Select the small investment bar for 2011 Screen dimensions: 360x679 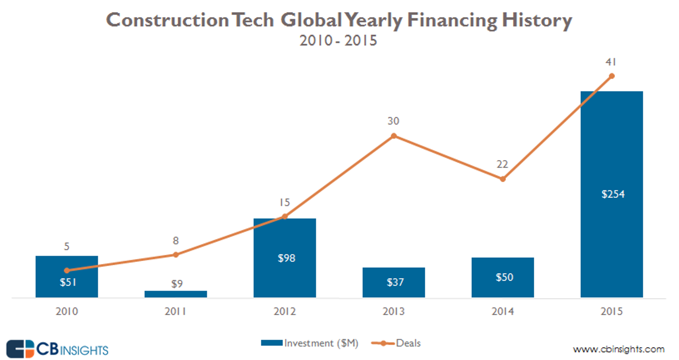[x=176, y=294]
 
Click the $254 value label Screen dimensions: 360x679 [x=613, y=194]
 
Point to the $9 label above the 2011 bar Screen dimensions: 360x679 [x=176, y=284]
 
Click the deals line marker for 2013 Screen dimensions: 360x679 [x=394, y=136]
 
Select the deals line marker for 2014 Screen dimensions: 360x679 [x=503, y=179]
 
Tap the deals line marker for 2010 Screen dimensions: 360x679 [x=67, y=270]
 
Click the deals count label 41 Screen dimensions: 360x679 [x=612, y=62]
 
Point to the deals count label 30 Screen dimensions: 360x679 [x=394, y=121]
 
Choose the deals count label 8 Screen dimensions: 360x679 [x=176, y=240]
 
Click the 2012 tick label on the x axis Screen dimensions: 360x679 [x=285, y=312]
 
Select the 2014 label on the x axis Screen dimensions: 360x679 [x=503, y=312]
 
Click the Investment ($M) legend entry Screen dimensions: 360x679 [x=310, y=343]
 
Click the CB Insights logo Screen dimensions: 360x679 [x=58, y=349]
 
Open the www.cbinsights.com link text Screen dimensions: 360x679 [x=619, y=349]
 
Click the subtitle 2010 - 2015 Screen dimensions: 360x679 [x=339, y=40]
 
